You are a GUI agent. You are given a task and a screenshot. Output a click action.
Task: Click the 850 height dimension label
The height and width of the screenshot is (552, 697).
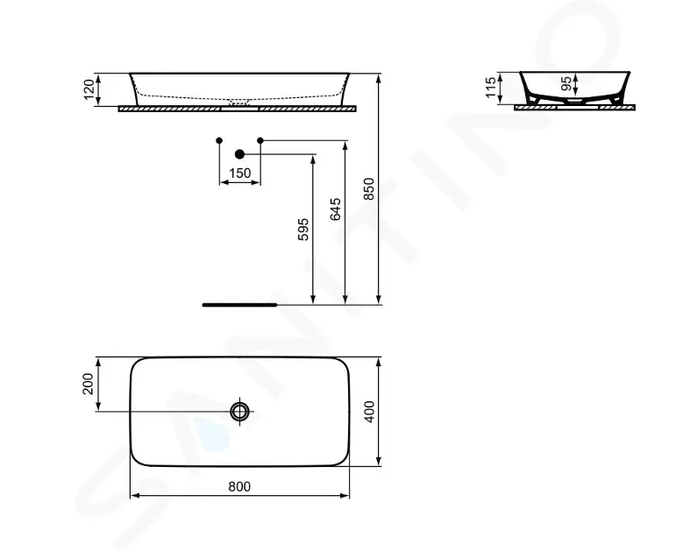point(369,188)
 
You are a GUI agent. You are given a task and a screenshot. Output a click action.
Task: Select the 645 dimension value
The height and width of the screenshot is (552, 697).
point(336,209)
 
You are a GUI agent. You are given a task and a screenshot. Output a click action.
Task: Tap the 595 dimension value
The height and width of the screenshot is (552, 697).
point(303,230)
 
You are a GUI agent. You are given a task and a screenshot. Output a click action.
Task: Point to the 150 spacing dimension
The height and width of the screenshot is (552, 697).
point(240,173)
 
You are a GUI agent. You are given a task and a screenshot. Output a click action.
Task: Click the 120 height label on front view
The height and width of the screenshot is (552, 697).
point(89,89)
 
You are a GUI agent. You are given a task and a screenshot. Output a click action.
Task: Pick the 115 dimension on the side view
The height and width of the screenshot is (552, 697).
point(491,88)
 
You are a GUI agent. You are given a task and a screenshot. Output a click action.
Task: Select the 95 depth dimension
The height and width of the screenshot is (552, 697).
point(566,83)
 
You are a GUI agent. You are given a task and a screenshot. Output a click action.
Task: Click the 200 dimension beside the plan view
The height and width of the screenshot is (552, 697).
point(88,384)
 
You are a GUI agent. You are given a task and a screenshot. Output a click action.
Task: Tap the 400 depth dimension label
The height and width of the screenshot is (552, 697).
point(369,412)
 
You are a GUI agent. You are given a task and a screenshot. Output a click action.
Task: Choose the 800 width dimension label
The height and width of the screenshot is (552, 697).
point(239,486)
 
